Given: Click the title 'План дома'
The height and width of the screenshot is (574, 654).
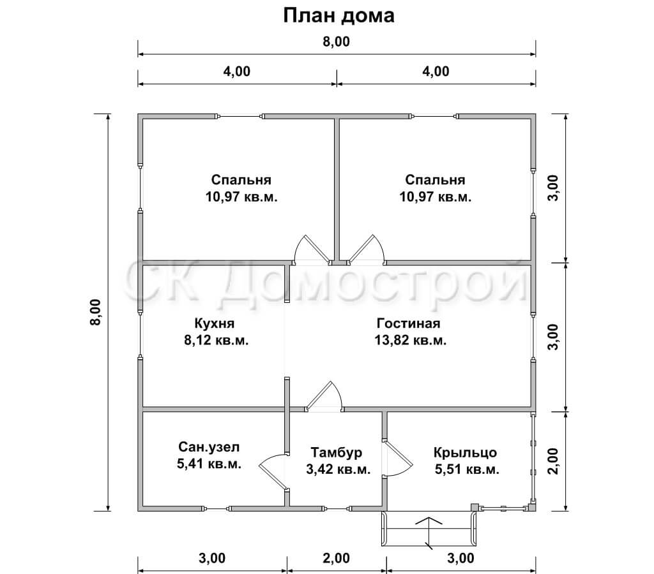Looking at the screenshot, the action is [338, 16].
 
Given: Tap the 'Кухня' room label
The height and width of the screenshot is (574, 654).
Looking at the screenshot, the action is [215, 323].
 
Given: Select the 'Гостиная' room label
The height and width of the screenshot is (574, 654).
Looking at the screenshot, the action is [408, 323].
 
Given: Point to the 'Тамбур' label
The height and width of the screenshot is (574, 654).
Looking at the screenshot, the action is [336, 452].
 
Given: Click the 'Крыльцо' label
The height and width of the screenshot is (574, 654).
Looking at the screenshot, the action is [465, 452].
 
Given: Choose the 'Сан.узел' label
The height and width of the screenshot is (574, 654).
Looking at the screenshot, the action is [209, 447].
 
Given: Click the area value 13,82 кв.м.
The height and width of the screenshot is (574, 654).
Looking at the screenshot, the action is [411, 341].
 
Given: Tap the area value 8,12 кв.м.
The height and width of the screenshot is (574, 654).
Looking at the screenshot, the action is [216, 341].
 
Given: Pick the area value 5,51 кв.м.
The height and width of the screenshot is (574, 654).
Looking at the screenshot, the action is [467, 469].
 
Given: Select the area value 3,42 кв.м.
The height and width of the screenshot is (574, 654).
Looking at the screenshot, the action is [338, 469].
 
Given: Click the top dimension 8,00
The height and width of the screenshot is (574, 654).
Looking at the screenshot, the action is [336, 41].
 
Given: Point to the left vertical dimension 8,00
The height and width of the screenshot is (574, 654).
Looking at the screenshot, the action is [95, 313].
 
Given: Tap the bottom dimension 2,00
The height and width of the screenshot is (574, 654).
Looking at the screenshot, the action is [336, 558].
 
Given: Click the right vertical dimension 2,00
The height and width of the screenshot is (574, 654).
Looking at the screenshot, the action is [552, 461].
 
